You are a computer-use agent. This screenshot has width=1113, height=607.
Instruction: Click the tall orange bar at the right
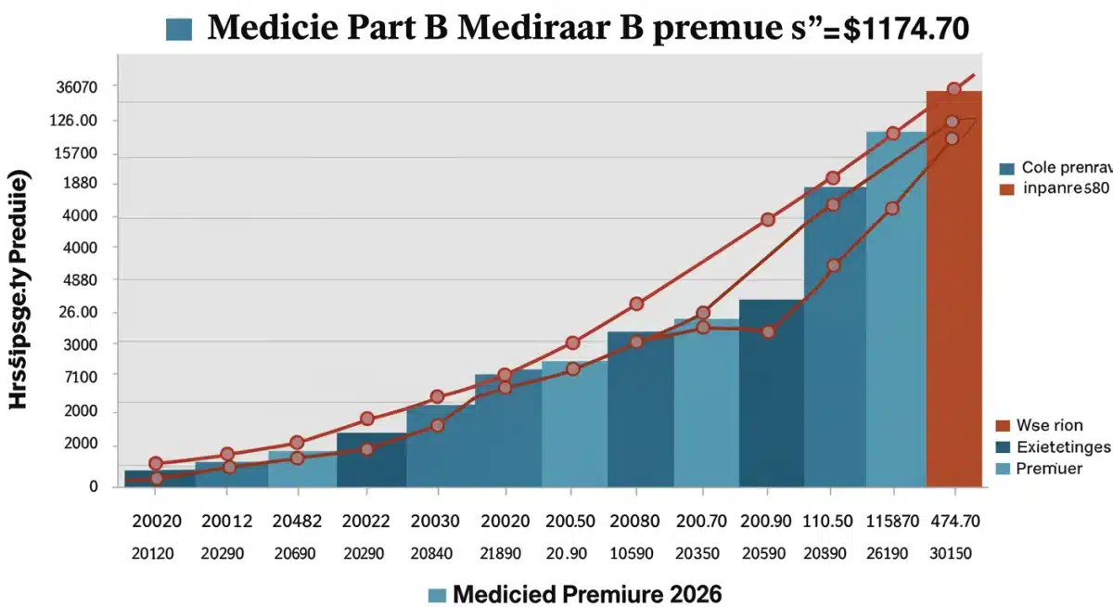pos(953,288)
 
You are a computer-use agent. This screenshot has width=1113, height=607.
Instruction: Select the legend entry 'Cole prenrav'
pos(1065,168)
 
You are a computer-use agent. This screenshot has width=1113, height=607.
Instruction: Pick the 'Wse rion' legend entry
pos(1048,426)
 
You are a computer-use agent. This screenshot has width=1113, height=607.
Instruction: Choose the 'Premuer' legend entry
pos(1048,469)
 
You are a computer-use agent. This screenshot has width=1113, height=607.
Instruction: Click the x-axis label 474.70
pos(953,523)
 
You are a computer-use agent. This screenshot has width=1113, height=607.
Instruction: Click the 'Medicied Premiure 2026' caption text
pos(586,592)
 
